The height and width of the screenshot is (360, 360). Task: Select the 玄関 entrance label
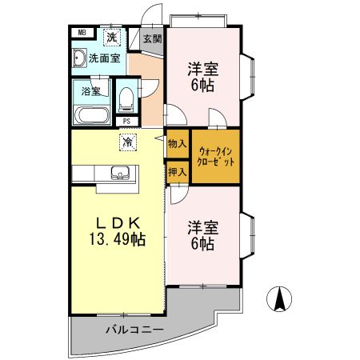(x=150, y=38)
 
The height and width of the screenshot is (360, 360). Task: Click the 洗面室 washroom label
(x=104, y=58)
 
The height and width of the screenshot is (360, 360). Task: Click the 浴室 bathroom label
(x=91, y=90)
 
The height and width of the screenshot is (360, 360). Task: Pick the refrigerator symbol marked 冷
(x=127, y=142)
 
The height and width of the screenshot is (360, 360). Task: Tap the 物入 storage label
(x=177, y=144)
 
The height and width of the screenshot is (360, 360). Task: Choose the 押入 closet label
(x=177, y=170)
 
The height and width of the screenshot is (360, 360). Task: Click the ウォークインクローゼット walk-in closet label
(x=215, y=155)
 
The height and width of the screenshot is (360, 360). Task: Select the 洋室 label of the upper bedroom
(x=202, y=69)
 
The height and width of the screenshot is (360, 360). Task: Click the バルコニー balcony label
(x=134, y=330)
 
